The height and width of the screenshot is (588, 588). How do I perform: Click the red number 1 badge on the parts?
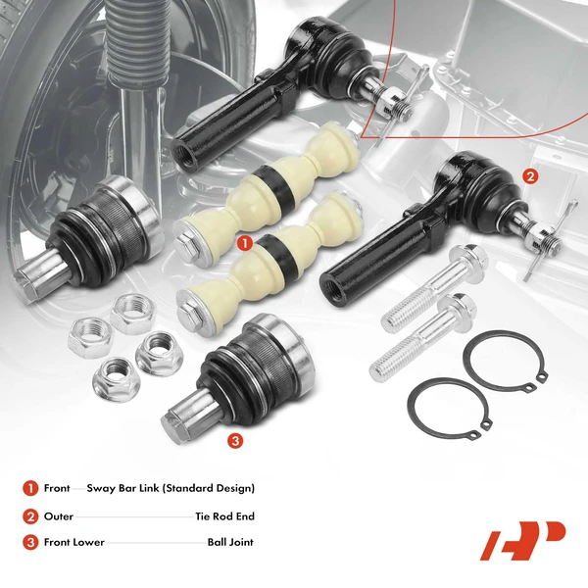(x=245, y=238)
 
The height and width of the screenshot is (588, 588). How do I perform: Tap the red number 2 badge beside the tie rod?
(x=530, y=176)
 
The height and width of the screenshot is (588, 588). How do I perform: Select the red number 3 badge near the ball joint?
(x=234, y=441)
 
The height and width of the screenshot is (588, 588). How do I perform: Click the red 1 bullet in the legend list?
(x=30, y=488)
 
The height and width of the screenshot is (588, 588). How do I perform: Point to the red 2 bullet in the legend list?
(x=30, y=514)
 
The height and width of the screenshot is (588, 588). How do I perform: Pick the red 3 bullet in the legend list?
(x=30, y=541)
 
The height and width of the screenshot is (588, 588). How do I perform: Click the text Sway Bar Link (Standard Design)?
(x=171, y=488)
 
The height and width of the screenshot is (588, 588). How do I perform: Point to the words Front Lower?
(x=73, y=541)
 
